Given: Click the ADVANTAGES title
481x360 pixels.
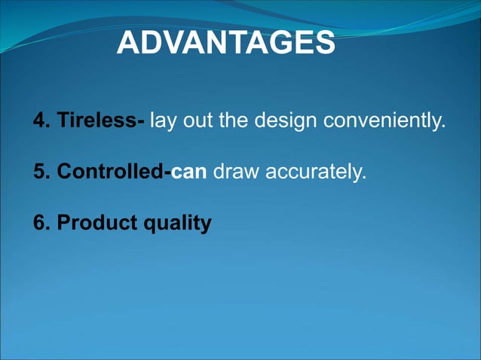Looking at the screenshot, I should [x=226, y=44].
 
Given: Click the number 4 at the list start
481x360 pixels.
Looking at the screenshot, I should [x=38, y=121].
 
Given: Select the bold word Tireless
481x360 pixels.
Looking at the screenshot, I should [x=98, y=121].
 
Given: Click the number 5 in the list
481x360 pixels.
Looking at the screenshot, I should [x=38, y=172].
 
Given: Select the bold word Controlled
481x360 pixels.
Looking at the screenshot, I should [x=110, y=172].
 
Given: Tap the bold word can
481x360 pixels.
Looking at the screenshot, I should [x=188, y=172].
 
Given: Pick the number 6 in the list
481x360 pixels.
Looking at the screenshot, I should [x=38, y=223].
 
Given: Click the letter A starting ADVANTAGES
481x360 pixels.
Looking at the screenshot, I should [x=129, y=44].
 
